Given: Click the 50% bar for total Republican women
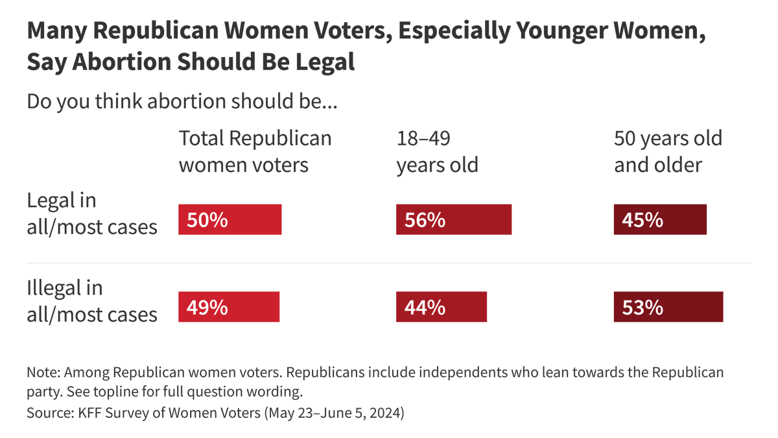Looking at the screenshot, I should (230, 219).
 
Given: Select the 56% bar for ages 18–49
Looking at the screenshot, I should (453, 219).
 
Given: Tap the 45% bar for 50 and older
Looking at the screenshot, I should (660, 219).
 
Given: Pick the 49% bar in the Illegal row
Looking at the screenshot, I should (228, 306).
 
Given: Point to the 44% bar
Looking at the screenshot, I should (441, 306).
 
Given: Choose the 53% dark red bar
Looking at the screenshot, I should (668, 306).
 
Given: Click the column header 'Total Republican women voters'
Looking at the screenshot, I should (254, 151).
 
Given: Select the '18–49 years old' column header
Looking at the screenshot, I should (437, 151).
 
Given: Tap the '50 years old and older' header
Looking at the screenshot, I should (668, 151).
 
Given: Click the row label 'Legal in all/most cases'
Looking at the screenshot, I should (91, 213).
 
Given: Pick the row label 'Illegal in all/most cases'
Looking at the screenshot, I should (91, 300).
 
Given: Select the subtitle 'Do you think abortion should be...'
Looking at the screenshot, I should (182, 102).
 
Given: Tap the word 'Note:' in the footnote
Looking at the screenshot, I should (43, 373).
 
